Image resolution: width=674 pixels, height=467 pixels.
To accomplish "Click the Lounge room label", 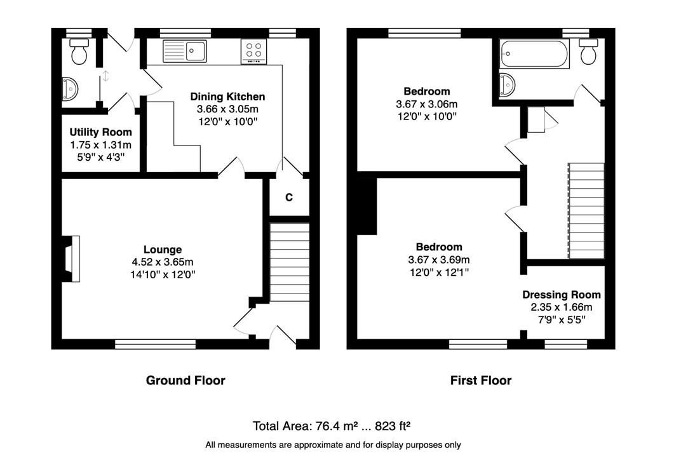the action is pyautogui.click(x=163, y=250).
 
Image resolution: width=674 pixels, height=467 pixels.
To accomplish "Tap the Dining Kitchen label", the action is pyautogui.click(x=227, y=97).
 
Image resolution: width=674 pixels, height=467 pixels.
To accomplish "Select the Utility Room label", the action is pyautogui.click(x=100, y=132).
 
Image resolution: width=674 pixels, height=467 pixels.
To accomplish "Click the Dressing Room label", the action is pyautogui.click(x=562, y=295).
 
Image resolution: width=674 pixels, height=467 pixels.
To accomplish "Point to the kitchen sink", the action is pyautogui.click(x=184, y=51).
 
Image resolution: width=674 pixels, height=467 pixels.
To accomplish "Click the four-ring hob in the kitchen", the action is pyautogui.click(x=253, y=51).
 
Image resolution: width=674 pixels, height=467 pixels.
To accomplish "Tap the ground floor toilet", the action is pyautogui.click(x=79, y=51).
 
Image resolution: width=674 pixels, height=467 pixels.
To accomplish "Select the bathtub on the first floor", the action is pyautogui.click(x=534, y=54).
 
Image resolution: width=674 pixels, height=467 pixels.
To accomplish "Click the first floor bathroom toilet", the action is pyautogui.click(x=588, y=51).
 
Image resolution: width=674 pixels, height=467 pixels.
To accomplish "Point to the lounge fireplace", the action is pyautogui.click(x=71, y=259).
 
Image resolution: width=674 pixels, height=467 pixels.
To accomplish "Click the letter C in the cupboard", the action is pyautogui.click(x=289, y=198).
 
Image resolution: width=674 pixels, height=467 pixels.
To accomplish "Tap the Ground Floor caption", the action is pyautogui.click(x=185, y=381).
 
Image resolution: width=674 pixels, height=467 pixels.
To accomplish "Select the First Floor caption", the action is pyautogui.click(x=481, y=381).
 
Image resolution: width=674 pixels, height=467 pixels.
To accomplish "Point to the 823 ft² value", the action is pyautogui.click(x=393, y=426).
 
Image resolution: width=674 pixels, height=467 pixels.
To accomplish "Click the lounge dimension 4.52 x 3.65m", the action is pyautogui.click(x=163, y=262).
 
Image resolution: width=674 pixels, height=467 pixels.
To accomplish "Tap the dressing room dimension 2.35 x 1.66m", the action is pyautogui.click(x=562, y=307).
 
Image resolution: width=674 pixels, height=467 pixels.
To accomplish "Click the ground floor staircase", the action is pyautogui.click(x=289, y=262).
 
